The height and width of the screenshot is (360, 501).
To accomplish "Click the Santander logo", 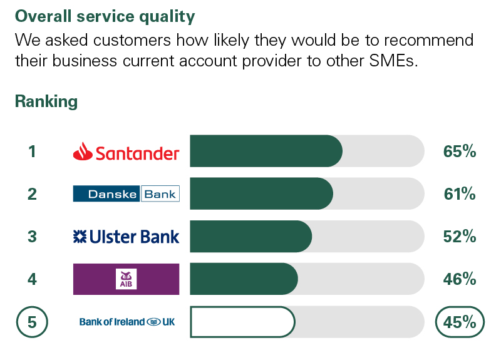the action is [126, 152].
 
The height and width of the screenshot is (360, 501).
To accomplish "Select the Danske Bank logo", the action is [127, 193].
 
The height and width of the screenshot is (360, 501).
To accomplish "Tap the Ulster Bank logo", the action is [126, 237].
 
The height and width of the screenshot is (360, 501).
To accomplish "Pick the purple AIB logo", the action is [127, 279].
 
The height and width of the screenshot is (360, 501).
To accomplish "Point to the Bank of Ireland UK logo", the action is [127, 322].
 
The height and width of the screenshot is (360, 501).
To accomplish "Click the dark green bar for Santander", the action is [266, 151].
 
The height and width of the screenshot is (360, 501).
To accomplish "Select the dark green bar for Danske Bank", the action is [261, 193].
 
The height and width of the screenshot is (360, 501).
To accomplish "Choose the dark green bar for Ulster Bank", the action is [251, 237].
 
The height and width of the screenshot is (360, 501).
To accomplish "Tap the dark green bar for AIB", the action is [244, 279].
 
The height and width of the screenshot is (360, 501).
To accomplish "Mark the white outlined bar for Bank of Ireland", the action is [242, 322].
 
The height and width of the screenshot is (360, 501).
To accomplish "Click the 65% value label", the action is [460, 151].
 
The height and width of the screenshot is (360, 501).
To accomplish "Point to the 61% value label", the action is [460, 194].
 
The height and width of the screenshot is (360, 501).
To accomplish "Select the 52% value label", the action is [460, 237].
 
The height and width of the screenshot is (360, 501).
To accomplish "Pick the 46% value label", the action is [460, 279].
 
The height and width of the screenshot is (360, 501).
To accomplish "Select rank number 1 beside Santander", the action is [32, 152].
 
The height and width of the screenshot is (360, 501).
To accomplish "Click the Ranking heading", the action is [46, 101].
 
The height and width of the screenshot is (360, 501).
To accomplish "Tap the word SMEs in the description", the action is [393, 61].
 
